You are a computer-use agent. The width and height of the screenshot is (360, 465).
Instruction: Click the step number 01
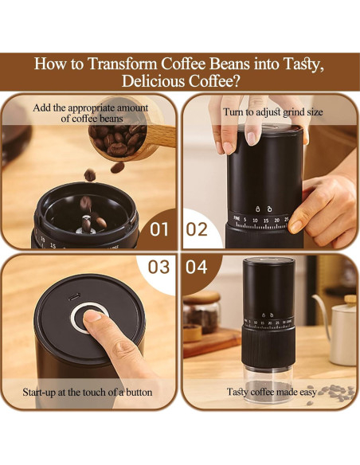160,230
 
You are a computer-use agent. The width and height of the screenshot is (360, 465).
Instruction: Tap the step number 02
197,230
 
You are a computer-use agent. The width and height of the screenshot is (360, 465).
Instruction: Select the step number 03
159,267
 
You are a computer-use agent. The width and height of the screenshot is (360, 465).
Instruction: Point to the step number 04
197,267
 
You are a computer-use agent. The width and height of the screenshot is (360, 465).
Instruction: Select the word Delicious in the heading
157,81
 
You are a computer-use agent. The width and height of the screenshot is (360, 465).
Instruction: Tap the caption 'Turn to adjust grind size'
272,112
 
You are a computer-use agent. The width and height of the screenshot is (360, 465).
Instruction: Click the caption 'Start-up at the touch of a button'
88,392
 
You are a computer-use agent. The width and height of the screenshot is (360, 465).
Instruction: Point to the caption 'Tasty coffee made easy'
271,392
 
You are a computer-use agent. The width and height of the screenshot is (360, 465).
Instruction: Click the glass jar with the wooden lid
202,315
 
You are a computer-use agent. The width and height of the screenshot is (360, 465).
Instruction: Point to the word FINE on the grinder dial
236,217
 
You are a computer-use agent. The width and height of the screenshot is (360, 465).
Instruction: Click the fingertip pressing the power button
93,317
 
